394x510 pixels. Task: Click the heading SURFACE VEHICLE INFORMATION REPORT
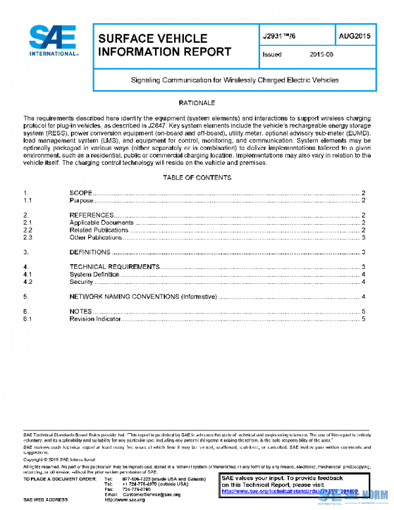[x=164, y=45]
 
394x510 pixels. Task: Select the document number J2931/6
[x=283, y=37]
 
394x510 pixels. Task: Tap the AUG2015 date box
[x=355, y=37]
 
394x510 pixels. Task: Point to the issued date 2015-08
[x=322, y=55]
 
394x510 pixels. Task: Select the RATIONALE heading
[x=196, y=103]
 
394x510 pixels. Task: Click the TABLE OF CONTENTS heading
[x=196, y=178]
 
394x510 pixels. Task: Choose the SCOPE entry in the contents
[x=81, y=193]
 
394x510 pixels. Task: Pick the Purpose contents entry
[x=81, y=200]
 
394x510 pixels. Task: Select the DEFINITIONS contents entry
[x=90, y=252]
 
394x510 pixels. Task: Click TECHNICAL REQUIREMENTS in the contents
[x=114, y=267]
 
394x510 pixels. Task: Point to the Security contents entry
[x=81, y=282]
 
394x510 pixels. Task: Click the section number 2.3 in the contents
[x=28, y=237]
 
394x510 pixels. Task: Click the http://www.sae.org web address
[x=133, y=500]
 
